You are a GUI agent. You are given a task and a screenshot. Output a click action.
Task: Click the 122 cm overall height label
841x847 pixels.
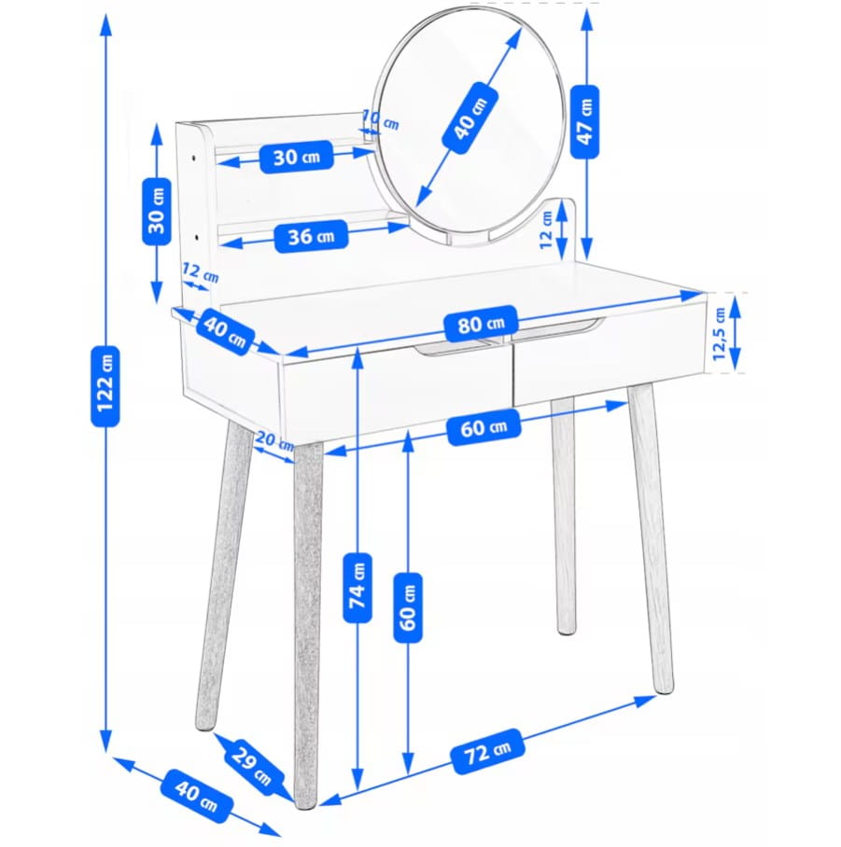(105, 386)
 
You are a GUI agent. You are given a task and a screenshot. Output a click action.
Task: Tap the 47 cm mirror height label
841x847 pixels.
(585, 121)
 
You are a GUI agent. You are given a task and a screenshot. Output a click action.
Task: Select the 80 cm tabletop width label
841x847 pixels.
(481, 324)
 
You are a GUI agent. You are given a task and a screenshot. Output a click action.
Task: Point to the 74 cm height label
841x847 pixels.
(357, 588)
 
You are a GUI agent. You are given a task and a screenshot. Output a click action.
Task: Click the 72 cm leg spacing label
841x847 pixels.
(488, 751)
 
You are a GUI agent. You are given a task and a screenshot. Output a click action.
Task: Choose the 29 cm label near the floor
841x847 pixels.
(252, 767)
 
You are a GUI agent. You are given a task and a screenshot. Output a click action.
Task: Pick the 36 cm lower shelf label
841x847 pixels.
(311, 236)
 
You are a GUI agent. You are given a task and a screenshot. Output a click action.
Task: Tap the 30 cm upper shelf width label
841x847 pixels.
(296, 157)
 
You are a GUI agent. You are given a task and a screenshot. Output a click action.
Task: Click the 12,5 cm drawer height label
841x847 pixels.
(719, 334)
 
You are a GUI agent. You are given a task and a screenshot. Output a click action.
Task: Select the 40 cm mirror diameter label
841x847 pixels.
(470, 118)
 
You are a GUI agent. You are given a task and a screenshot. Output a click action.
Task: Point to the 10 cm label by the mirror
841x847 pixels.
(381, 120)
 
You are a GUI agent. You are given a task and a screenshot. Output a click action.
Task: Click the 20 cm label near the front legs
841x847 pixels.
(274, 441)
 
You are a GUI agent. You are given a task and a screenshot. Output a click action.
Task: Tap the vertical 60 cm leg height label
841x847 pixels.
(408, 607)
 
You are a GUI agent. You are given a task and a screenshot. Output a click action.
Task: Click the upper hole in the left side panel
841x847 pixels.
(193, 159)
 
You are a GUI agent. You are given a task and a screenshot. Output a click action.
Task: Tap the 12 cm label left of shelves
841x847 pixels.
(200, 272)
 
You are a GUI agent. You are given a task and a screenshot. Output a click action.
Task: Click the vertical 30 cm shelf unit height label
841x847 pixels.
(157, 211)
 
